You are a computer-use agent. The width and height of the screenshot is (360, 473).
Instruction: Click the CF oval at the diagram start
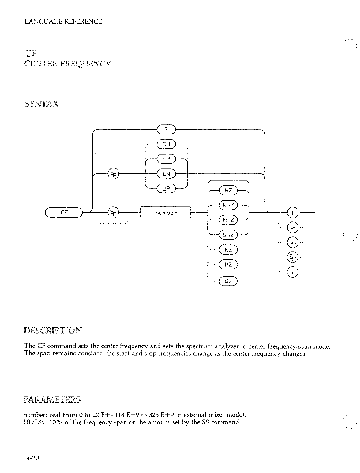click(x=63, y=212)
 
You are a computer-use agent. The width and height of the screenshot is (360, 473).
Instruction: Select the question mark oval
click(x=166, y=130)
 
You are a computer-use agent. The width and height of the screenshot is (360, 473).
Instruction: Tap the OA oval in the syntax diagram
click(x=166, y=144)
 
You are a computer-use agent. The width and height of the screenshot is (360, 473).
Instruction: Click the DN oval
click(x=166, y=174)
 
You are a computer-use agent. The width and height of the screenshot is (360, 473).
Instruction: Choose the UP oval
click(x=166, y=188)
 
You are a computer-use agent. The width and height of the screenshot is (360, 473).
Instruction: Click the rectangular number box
click(x=165, y=212)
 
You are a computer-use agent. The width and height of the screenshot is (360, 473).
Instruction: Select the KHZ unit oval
click(x=228, y=205)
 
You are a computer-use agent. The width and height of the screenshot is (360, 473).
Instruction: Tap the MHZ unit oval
click(x=228, y=220)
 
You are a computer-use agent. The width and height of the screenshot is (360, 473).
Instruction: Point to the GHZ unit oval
click(x=228, y=235)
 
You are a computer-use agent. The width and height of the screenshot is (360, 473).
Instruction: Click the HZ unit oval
click(x=228, y=190)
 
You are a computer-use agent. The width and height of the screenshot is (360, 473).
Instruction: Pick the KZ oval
click(x=228, y=250)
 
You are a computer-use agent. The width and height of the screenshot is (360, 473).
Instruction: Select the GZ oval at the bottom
click(x=228, y=280)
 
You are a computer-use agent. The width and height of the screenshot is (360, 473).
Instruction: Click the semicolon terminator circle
click(x=292, y=212)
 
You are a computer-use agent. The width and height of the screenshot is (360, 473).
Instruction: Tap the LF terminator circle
click(x=292, y=227)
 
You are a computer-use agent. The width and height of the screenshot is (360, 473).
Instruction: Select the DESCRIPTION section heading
click(x=53, y=331)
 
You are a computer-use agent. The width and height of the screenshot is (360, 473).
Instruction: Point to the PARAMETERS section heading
click(x=52, y=400)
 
